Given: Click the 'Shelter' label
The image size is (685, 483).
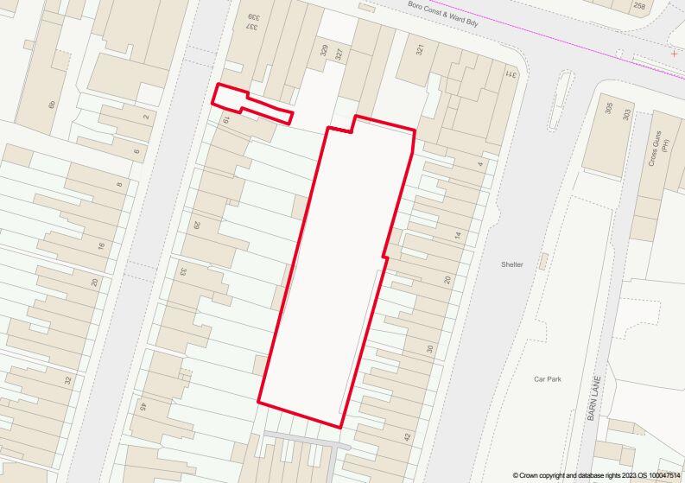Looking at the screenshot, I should point(511,264).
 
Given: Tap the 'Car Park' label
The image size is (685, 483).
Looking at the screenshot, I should point(548,379).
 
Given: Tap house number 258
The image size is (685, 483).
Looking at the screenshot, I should point(639,6).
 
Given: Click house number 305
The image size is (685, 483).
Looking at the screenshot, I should point(610,109).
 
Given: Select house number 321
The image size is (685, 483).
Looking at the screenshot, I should point(421,51).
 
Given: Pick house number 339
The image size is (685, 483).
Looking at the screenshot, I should point(252,19).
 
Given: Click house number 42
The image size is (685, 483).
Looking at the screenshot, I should point(407,437).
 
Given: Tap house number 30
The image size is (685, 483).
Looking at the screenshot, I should point(428,349).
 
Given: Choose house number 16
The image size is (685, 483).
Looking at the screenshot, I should point(101,247).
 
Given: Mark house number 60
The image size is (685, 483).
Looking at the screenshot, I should point(52,105).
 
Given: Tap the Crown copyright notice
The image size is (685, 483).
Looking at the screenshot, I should point(595,476).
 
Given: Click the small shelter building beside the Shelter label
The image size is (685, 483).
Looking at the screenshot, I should point(542,263).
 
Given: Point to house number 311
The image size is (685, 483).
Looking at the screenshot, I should point(511,74).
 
